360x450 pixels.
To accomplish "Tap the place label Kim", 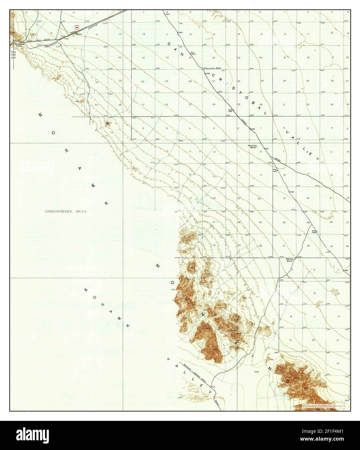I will click(x=79, y=34).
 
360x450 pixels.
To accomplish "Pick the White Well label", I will click(x=289, y=260).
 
